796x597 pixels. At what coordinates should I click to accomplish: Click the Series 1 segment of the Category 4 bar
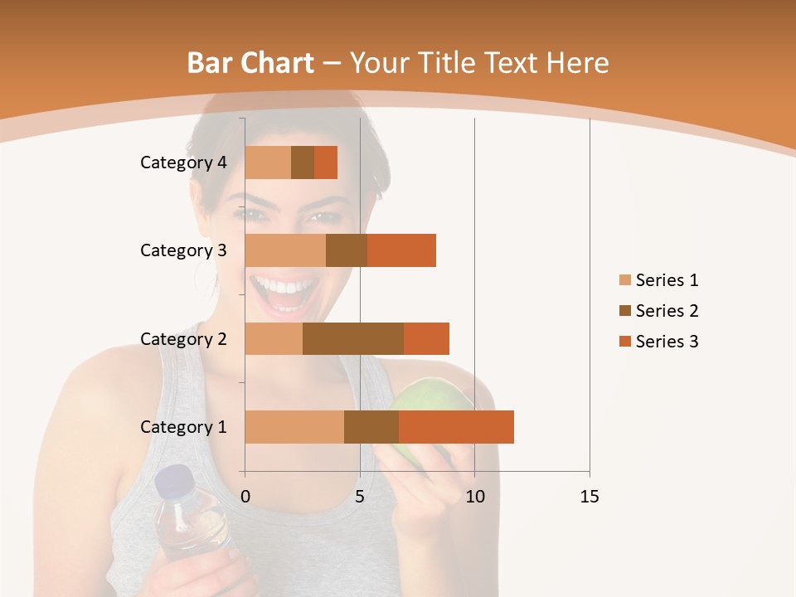268,163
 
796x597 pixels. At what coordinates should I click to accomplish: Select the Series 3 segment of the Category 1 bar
456,427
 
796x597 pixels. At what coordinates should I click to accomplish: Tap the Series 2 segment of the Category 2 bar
353,338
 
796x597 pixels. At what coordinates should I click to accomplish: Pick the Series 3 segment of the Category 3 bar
401,250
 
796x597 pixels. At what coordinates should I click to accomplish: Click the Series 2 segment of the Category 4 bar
303,163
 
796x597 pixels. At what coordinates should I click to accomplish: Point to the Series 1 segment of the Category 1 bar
294,427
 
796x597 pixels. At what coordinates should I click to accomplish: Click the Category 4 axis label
183,163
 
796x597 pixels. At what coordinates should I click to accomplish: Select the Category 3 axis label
183,250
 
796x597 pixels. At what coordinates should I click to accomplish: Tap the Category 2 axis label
183,338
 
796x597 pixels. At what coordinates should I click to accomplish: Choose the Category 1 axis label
183,427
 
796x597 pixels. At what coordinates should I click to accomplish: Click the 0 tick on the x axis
245,497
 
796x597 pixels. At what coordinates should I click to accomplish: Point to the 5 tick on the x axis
360,497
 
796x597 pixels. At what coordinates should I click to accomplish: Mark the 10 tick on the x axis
474,497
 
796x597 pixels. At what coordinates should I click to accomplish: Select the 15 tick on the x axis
590,497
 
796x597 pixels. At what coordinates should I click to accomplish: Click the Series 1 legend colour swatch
624,280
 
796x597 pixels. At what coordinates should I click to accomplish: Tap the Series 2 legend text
667,311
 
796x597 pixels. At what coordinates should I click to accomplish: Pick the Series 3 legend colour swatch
624,342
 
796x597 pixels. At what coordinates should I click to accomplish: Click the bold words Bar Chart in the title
250,62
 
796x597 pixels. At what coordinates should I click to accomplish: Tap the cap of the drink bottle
174,482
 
